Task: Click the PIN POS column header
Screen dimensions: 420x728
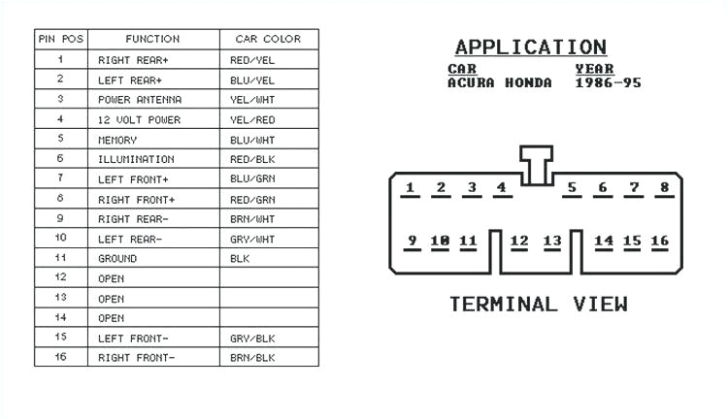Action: click(60, 40)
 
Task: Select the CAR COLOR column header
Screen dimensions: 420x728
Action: click(268, 40)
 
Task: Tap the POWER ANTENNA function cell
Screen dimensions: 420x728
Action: click(139, 100)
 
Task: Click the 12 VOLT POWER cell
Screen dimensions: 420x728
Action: click(139, 119)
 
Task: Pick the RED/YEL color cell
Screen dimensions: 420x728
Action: click(252, 60)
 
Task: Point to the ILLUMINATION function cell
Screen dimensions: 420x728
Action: click(136, 159)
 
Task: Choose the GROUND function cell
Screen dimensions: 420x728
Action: click(117, 259)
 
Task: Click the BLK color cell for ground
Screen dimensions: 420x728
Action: click(240, 259)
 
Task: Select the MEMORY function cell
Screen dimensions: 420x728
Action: click(117, 140)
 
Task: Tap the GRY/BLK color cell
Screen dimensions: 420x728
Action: click(252, 339)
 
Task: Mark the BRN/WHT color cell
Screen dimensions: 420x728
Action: click(252, 219)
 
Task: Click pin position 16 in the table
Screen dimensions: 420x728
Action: click(60, 358)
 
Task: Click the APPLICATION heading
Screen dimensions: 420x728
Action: click(530, 48)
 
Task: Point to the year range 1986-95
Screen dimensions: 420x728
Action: click(608, 83)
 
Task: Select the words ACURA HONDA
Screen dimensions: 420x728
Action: click(499, 83)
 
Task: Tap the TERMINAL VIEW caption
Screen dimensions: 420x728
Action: click(538, 305)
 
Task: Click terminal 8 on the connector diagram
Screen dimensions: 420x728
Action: click(665, 188)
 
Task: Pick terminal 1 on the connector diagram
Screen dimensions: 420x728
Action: click(411, 188)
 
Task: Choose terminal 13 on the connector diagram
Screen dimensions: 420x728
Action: click(552, 241)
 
